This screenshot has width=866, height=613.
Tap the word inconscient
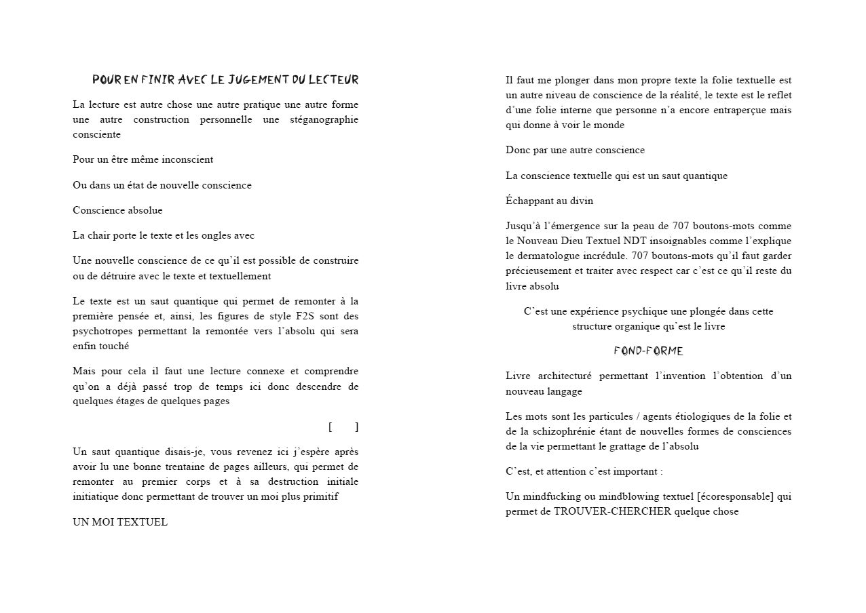(187, 160)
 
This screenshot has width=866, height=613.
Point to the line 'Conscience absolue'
(117, 210)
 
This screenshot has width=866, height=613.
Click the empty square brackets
(343, 427)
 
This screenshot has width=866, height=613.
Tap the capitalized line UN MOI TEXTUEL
(120, 522)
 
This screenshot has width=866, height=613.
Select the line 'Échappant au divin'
(549, 201)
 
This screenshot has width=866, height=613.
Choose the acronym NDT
(635, 241)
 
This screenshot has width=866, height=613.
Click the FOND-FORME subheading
(648, 351)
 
